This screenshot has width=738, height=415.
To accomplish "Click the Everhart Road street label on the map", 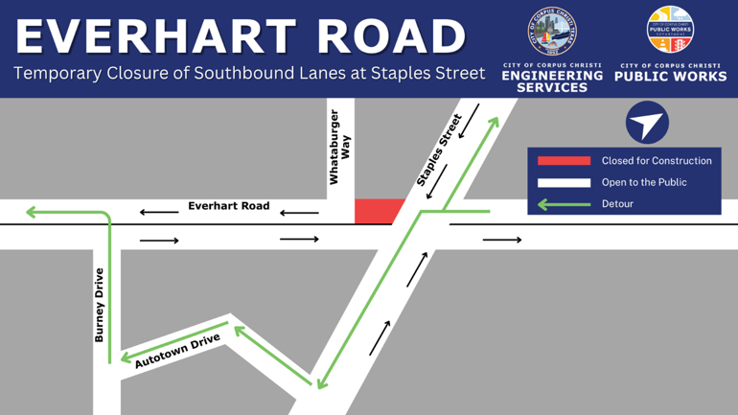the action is [x=228, y=206].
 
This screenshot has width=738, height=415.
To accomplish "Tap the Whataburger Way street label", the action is [x=339, y=147].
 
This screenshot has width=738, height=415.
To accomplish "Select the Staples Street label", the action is [x=440, y=149].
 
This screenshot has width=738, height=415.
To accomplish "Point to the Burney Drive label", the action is [x=99, y=305].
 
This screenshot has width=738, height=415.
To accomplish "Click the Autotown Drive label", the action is [x=177, y=351].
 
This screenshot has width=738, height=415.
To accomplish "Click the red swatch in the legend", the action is [x=564, y=161].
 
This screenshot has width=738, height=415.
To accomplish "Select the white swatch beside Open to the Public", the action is [x=564, y=182].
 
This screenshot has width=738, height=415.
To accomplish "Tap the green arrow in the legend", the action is [x=564, y=204].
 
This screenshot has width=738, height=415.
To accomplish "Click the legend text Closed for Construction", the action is [x=657, y=161].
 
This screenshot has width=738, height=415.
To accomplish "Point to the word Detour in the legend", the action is [x=617, y=204].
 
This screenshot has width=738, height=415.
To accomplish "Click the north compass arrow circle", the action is [x=647, y=124].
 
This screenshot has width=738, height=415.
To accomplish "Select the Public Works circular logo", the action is [x=670, y=30].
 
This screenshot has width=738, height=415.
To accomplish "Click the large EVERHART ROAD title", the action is [x=241, y=36].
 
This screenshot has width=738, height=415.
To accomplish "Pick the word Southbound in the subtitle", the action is [x=235, y=74].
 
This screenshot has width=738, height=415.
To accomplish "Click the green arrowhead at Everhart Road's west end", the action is [x=32, y=212].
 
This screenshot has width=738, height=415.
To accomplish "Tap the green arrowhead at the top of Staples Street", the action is [x=495, y=122].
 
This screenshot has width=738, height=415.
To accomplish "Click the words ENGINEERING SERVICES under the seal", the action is [x=552, y=81].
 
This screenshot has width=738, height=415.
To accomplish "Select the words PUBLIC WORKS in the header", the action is [x=670, y=76].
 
